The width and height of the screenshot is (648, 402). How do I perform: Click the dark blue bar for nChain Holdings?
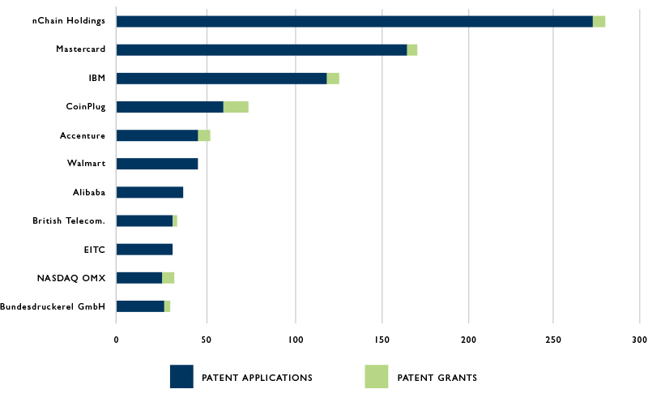click(354, 22)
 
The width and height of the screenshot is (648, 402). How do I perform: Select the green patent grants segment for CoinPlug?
click(236, 107)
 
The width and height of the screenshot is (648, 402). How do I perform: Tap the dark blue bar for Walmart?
click(157, 164)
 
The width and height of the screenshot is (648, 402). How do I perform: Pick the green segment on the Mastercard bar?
click(412, 50)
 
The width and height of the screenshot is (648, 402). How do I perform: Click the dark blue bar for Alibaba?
click(150, 192)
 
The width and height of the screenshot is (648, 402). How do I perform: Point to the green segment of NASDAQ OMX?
click(168, 278)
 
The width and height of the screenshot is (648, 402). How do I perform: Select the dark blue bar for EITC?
click(144, 250)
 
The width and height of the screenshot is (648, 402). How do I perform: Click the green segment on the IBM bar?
click(333, 79)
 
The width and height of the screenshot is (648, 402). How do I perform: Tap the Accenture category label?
click(83, 135)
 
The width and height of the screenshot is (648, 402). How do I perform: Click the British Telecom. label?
click(69, 220)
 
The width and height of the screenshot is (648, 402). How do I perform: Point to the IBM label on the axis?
click(96, 79)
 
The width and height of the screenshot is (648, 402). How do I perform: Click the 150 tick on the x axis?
click(382, 339)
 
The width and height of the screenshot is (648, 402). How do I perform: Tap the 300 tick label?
click(639, 339)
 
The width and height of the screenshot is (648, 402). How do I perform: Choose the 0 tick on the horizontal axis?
click(117, 339)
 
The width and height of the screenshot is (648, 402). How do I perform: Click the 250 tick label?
click(553, 339)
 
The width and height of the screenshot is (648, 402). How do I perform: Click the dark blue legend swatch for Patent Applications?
click(181, 377)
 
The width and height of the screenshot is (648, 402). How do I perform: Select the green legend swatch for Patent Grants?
click(376, 377)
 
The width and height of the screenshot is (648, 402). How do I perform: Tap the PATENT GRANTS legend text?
click(437, 378)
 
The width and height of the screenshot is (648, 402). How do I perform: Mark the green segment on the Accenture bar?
click(204, 135)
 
